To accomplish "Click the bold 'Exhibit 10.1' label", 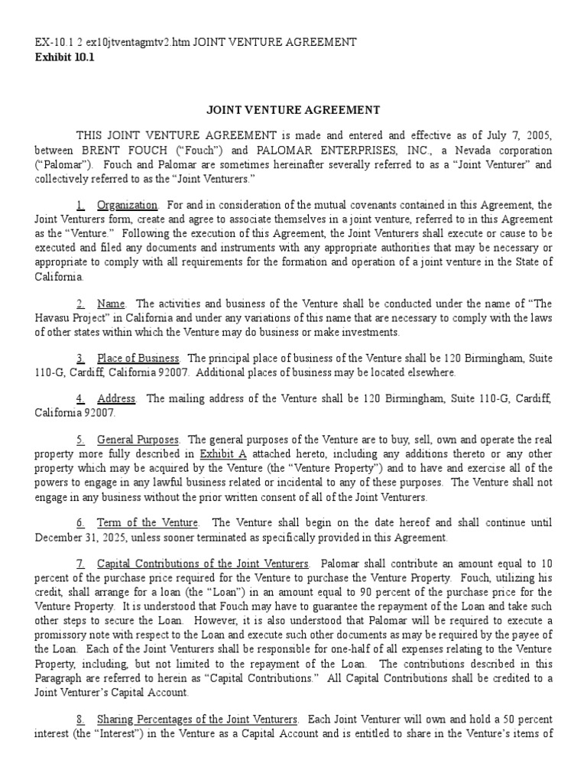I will click(x=64, y=57).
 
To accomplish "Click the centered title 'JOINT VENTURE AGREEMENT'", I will click(x=293, y=110).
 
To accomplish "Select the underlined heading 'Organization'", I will click(x=127, y=205).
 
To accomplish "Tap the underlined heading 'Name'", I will click(x=112, y=304).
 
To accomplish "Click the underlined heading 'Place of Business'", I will click(x=138, y=358).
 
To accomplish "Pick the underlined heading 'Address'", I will click(x=116, y=398).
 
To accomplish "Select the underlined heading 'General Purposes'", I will click(x=138, y=439).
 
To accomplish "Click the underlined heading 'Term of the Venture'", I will click(x=148, y=522).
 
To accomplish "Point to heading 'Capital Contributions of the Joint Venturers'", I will click(x=203, y=563).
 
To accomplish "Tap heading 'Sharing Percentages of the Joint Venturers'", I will click(x=197, y=720).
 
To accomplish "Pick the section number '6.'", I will click(x=80, y=522).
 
